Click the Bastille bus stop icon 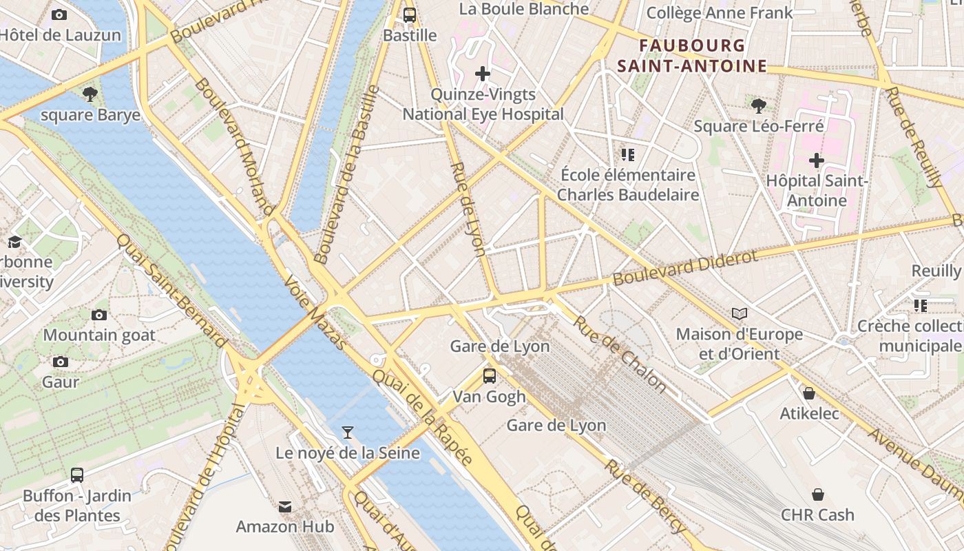pyautogui.click(x=410, y=14)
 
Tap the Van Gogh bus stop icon pyautogui.click(x=490, y=376)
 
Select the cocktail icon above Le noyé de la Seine pyautogui.click(x=348, y=433)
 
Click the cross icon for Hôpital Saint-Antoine pyautogui.click(x=817, y=160)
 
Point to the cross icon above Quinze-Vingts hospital pyautogui.click(x=483, y=74)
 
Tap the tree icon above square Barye pyautogui.click(x=90, y=94)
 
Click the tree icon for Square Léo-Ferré pyautogui.click(x=759, y=105)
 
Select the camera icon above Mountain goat pyautogui.click(x=99, y=315)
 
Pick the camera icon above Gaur pyautogui.click(x=61, y=362)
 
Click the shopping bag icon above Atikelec pyautogui.click(x=809, y=393)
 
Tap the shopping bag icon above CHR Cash pyautogui.click(x=817, y=495)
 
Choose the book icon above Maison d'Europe pyautogui.click(x=740, y=314)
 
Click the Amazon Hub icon pyautogui.click(x=285, y=507)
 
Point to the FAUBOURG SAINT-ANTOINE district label pyautogui.click(x=692, y=56)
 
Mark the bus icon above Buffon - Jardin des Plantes pyautogui.click(x=77, y=475)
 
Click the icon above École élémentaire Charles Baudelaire pyautogui.click(x=627, y=155)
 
